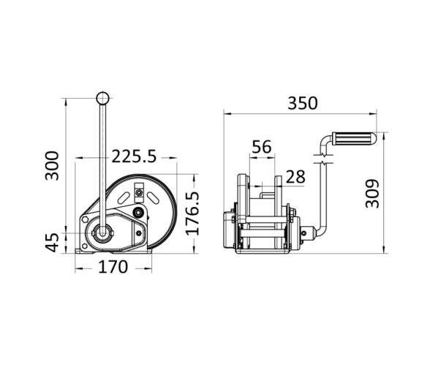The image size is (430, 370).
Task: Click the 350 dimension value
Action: tap(303, 103)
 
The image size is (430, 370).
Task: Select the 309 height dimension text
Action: tap(372, 194)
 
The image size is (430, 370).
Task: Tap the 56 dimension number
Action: tap(262, 147)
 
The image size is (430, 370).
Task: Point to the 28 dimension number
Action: tap(295, 177)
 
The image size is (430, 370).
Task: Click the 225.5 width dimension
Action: tap(134, 156)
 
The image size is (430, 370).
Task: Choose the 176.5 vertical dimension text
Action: tap(192, 214)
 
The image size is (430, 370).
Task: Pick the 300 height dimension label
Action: tap(52, 166)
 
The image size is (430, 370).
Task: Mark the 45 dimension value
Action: tap(52, 243)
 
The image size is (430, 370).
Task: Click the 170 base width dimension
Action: tap(113, 267)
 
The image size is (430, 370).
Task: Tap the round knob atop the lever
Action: tap(103, 98)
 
